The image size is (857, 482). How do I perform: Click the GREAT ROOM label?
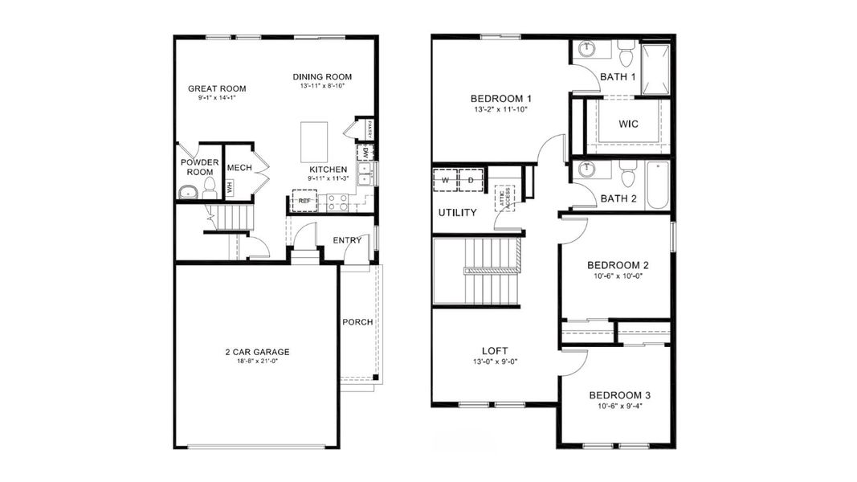tap(217, 88)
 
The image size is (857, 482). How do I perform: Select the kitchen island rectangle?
tap(314, 143)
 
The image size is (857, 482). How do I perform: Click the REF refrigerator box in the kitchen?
tap(304, 202)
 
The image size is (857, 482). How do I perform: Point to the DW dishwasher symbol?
tap(365, 152)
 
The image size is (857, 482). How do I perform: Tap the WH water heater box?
tap(230, 189)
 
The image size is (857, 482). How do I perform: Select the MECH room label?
tap(239, 167)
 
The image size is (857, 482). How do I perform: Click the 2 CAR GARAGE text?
tap(256, 352)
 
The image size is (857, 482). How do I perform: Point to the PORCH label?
tap(357, 322)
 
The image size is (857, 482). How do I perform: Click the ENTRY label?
tap(348, 239)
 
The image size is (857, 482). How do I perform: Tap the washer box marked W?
tap(445, 181)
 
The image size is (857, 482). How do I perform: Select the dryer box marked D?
tap(471, 181)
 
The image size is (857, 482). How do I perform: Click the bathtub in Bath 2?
tap(656, 185)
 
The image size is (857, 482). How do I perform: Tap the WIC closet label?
tap(628, 125)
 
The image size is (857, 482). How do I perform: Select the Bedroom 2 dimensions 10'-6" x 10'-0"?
tap(618, 276)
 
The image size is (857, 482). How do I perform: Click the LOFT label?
tap(495, 350)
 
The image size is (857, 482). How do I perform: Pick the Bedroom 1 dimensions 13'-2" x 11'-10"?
tap(500, 109)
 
